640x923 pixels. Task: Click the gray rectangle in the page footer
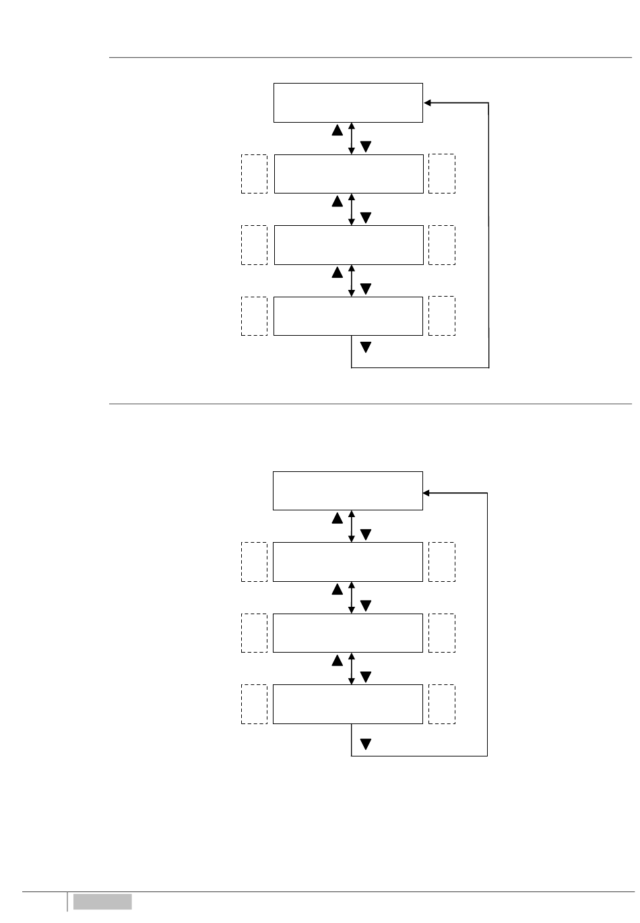pyautogui.click(x=102, y=901)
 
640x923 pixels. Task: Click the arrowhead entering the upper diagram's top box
pyautogui.click(x=427, y=103)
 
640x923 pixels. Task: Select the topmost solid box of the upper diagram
pyautogui.click(x=348, y=103)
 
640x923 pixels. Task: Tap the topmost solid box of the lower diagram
pyautogui.click(x=348, y=491)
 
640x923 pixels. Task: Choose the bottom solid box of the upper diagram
pyautogui.click(x=348, y=316)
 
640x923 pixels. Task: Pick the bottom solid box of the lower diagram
pyautogui.click(x=348, y=705)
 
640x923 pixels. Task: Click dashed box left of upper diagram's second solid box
pyautogui.click(x=254, y=174)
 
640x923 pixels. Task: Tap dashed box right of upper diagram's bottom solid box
pyautogui.click(x=442, y=316)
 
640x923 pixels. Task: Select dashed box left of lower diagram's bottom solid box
pyautogui.click(x=254, y=705)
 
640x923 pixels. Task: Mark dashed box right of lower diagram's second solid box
pyautogui.click(x=442, y=562)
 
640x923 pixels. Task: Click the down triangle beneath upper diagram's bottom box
pyautogui.click(x=366, y=348)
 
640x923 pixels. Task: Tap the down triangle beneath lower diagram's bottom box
pyautogui.click(x=366, y=744)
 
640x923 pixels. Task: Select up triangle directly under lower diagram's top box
pyautogui.click(x=337, y=518)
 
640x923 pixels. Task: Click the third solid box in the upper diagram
pyautogui.click(x=348, y=245)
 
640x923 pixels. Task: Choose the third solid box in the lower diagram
pyautogui.click(x=348, y=633)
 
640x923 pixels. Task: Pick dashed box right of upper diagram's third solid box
pyautogui.click(x=442, y=245)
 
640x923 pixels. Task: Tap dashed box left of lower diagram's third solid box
pyautogui.click(x=254, y=633)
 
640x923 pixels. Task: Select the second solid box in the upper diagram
pyautogui.click(x=348, y=174)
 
